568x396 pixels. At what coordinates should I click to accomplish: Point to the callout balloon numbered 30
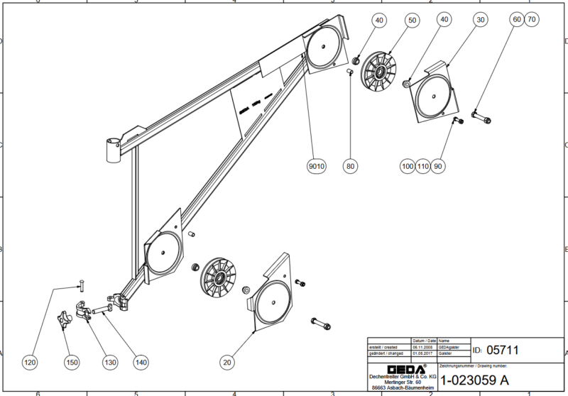click(481, 21)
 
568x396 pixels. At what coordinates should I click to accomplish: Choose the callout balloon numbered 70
click(530, 21)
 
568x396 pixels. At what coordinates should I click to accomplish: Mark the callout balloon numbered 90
click(438, 165)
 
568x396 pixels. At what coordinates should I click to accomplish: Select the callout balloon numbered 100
click(407, 165)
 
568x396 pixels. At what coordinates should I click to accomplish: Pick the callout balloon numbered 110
click(422, 165)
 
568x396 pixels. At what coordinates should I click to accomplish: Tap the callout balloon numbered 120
click(30, 363)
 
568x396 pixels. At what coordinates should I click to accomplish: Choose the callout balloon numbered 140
click(141, 363)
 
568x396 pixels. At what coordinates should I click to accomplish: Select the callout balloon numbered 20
click(227, 363)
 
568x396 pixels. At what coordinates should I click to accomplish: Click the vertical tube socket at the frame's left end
click(113, 150)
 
